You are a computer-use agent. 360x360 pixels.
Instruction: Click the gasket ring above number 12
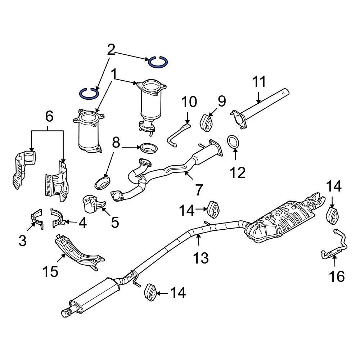pyautogui.click(x=233, y=141)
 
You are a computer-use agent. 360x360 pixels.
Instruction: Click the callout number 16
pyautogui.click(x=337, y=276)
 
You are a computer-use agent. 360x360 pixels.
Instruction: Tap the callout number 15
pyautogui.click(x=51, y=271)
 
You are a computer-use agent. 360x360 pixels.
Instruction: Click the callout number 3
pyautogui.click(x=22, y=240)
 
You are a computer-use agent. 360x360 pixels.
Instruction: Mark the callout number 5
pyautogui.click(x=114, y=222)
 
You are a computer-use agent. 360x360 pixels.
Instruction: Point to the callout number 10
pyautogui.click(x=189, y=102)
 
